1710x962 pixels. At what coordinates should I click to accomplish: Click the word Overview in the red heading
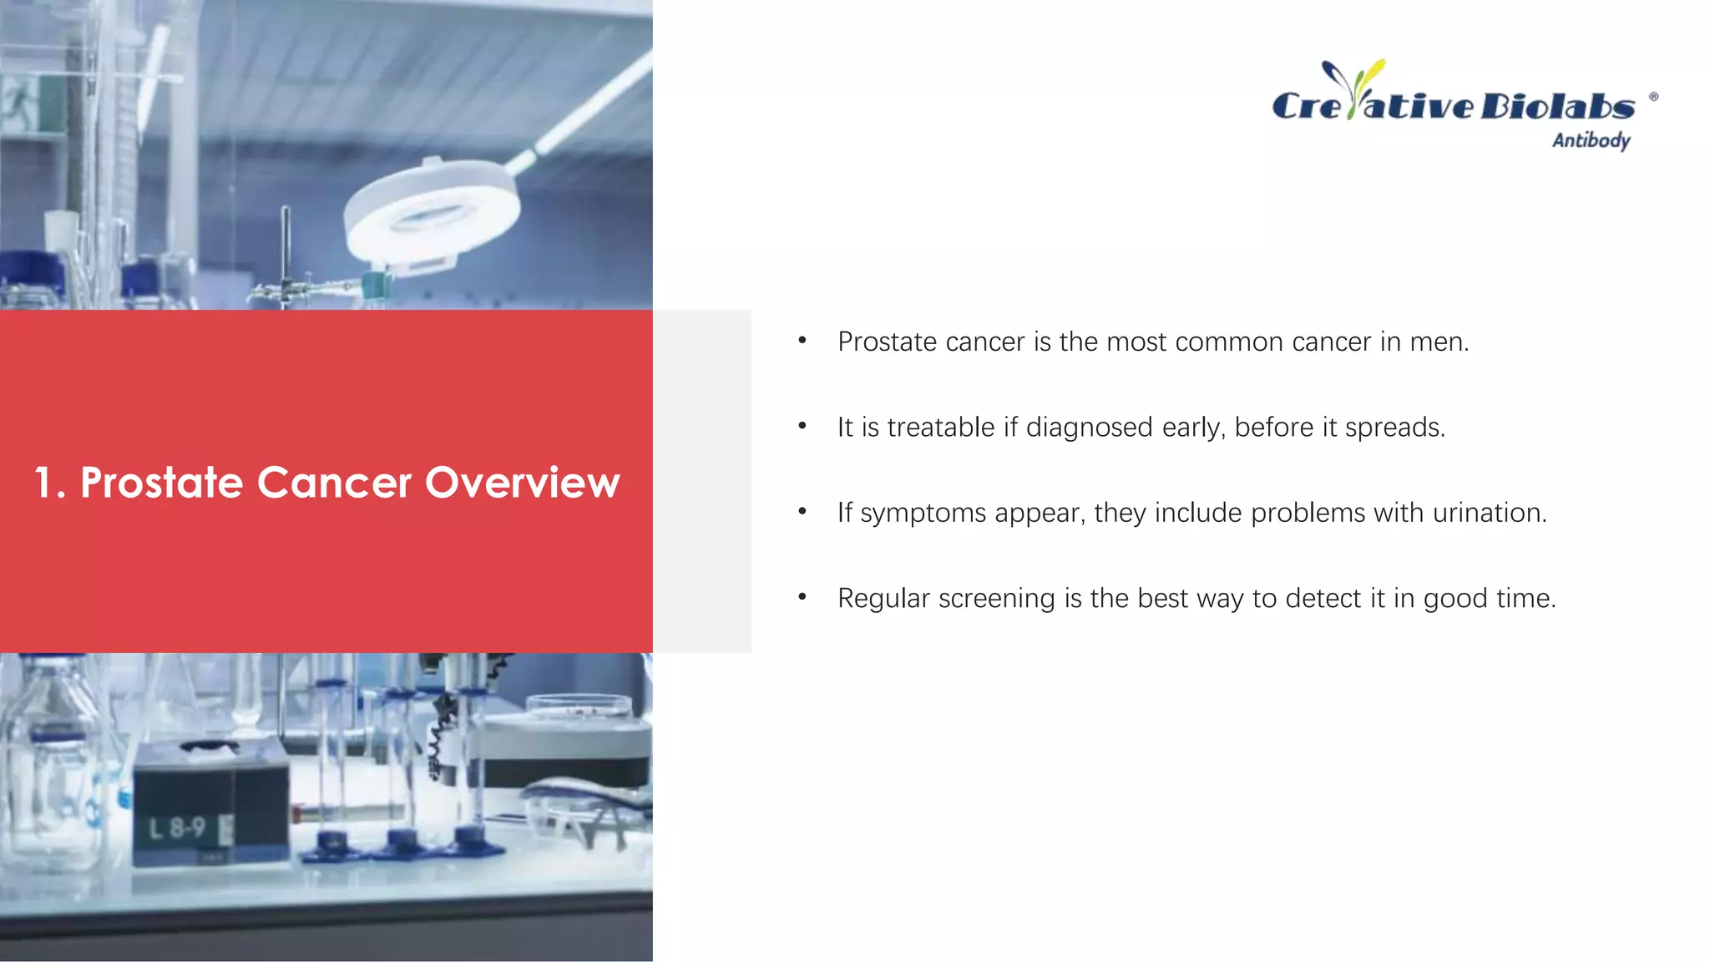pyautogui.click(x=523, y=483)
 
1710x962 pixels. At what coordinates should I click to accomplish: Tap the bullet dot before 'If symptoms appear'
pyautogui.click(x=802, y=511)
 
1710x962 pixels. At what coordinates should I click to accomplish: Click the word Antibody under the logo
pyautogui.click(x=1591, y=140)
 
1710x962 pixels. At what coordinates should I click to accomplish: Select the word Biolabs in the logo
pyautogui.click(x=1557, y=106)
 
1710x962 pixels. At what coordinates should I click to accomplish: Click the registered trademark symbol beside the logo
pyautogui.click(x=1653, y=97)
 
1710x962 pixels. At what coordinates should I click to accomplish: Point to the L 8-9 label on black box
pyautogui.click(x=177, y=828)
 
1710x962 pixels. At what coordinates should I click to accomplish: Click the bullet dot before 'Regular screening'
pyautogui.click(x=802, y=596)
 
